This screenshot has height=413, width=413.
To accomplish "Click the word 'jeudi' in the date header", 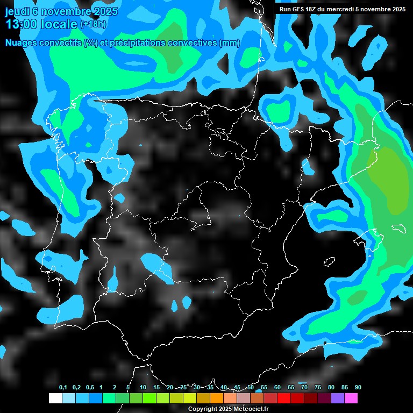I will tap(17, 11).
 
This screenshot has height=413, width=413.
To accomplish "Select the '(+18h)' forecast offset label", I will tap(94, 24).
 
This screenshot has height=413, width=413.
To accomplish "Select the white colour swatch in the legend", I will tap(55, 398).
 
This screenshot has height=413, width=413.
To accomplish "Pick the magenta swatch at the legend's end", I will tap(351, 398).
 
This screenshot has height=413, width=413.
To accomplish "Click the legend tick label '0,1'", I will tap(63, 388).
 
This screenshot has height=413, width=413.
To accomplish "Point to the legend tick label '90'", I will tap(358, 388).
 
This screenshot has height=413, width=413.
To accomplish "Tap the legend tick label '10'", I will tap(143, 388).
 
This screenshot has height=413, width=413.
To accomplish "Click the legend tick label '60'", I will tap(277, 388).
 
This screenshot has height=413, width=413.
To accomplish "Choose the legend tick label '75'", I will tap(318, 388).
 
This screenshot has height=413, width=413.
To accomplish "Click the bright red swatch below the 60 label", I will tap(284, 398).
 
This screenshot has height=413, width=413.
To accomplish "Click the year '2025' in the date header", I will tap(105, 11).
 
